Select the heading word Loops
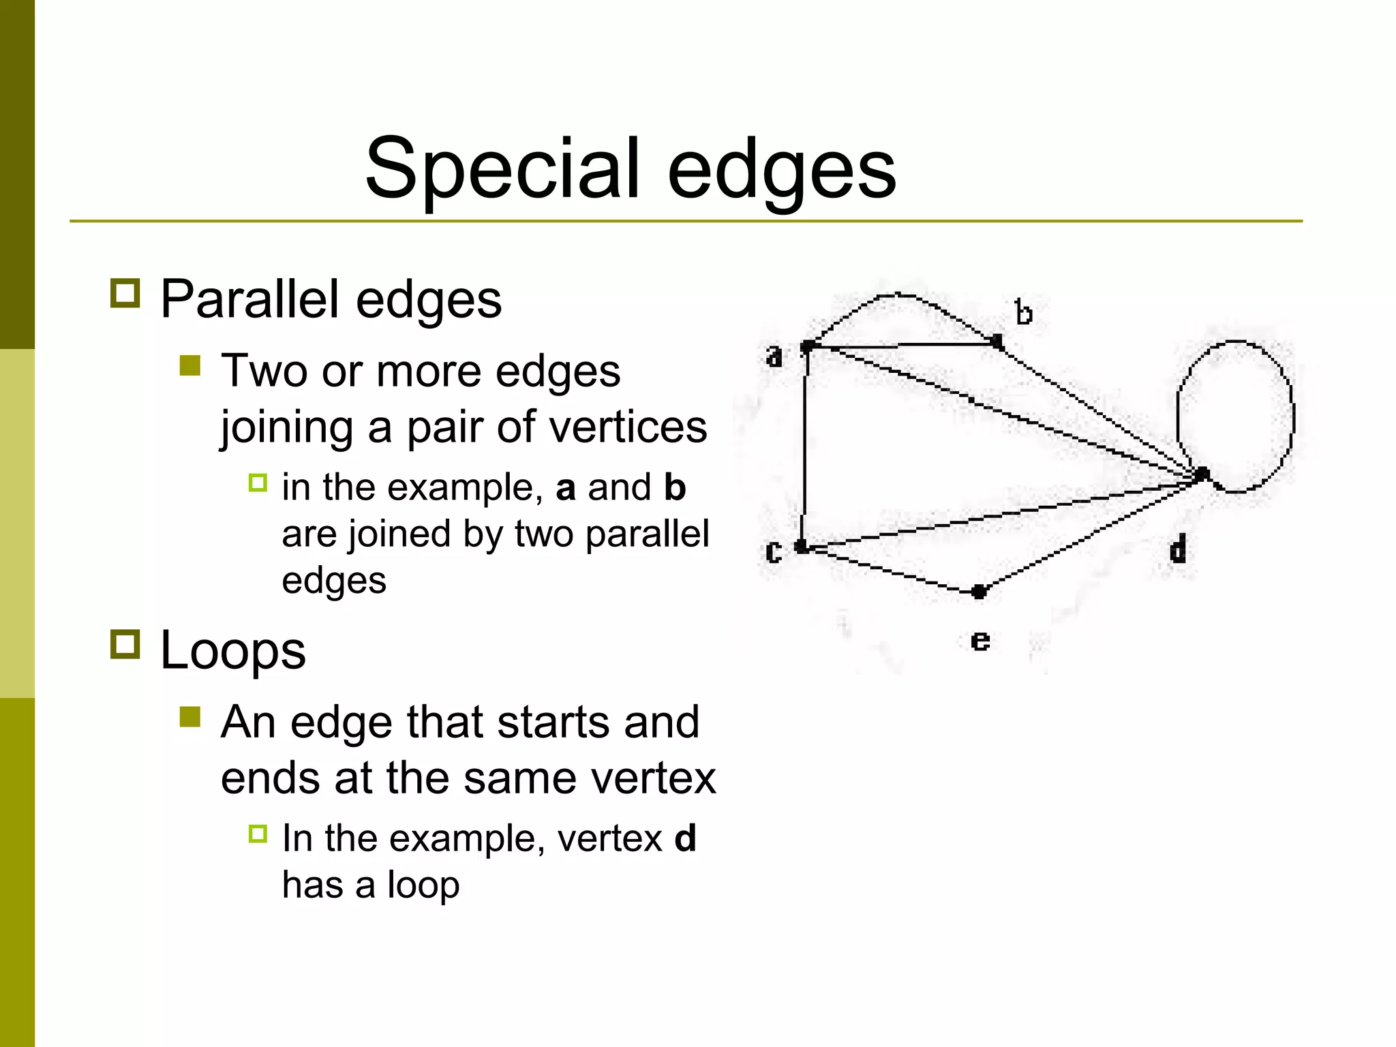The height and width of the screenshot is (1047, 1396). pos(232,650)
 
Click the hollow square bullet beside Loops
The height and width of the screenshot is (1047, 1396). pos(125,643)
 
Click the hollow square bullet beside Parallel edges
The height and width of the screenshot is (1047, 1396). pos(125,293)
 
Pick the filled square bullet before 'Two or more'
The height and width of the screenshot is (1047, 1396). pos(190,366)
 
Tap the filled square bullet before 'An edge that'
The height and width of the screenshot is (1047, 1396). pos(190,716)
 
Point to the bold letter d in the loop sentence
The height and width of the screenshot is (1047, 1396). pos(685,838)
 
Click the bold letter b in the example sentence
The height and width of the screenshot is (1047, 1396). pos(675,487)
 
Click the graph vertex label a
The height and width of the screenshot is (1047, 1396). pos(774,356)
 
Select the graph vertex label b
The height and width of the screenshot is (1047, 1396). pos(1023,313)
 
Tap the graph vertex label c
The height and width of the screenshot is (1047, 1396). pos(773,551)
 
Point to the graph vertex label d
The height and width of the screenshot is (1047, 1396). pos(1178,548)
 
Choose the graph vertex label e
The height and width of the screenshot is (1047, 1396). pos(980,641)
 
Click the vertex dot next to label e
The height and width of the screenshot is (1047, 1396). pos(979,591)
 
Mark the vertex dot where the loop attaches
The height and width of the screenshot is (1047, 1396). pos(1202,474)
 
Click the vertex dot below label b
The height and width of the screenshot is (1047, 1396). pos(997,341)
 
